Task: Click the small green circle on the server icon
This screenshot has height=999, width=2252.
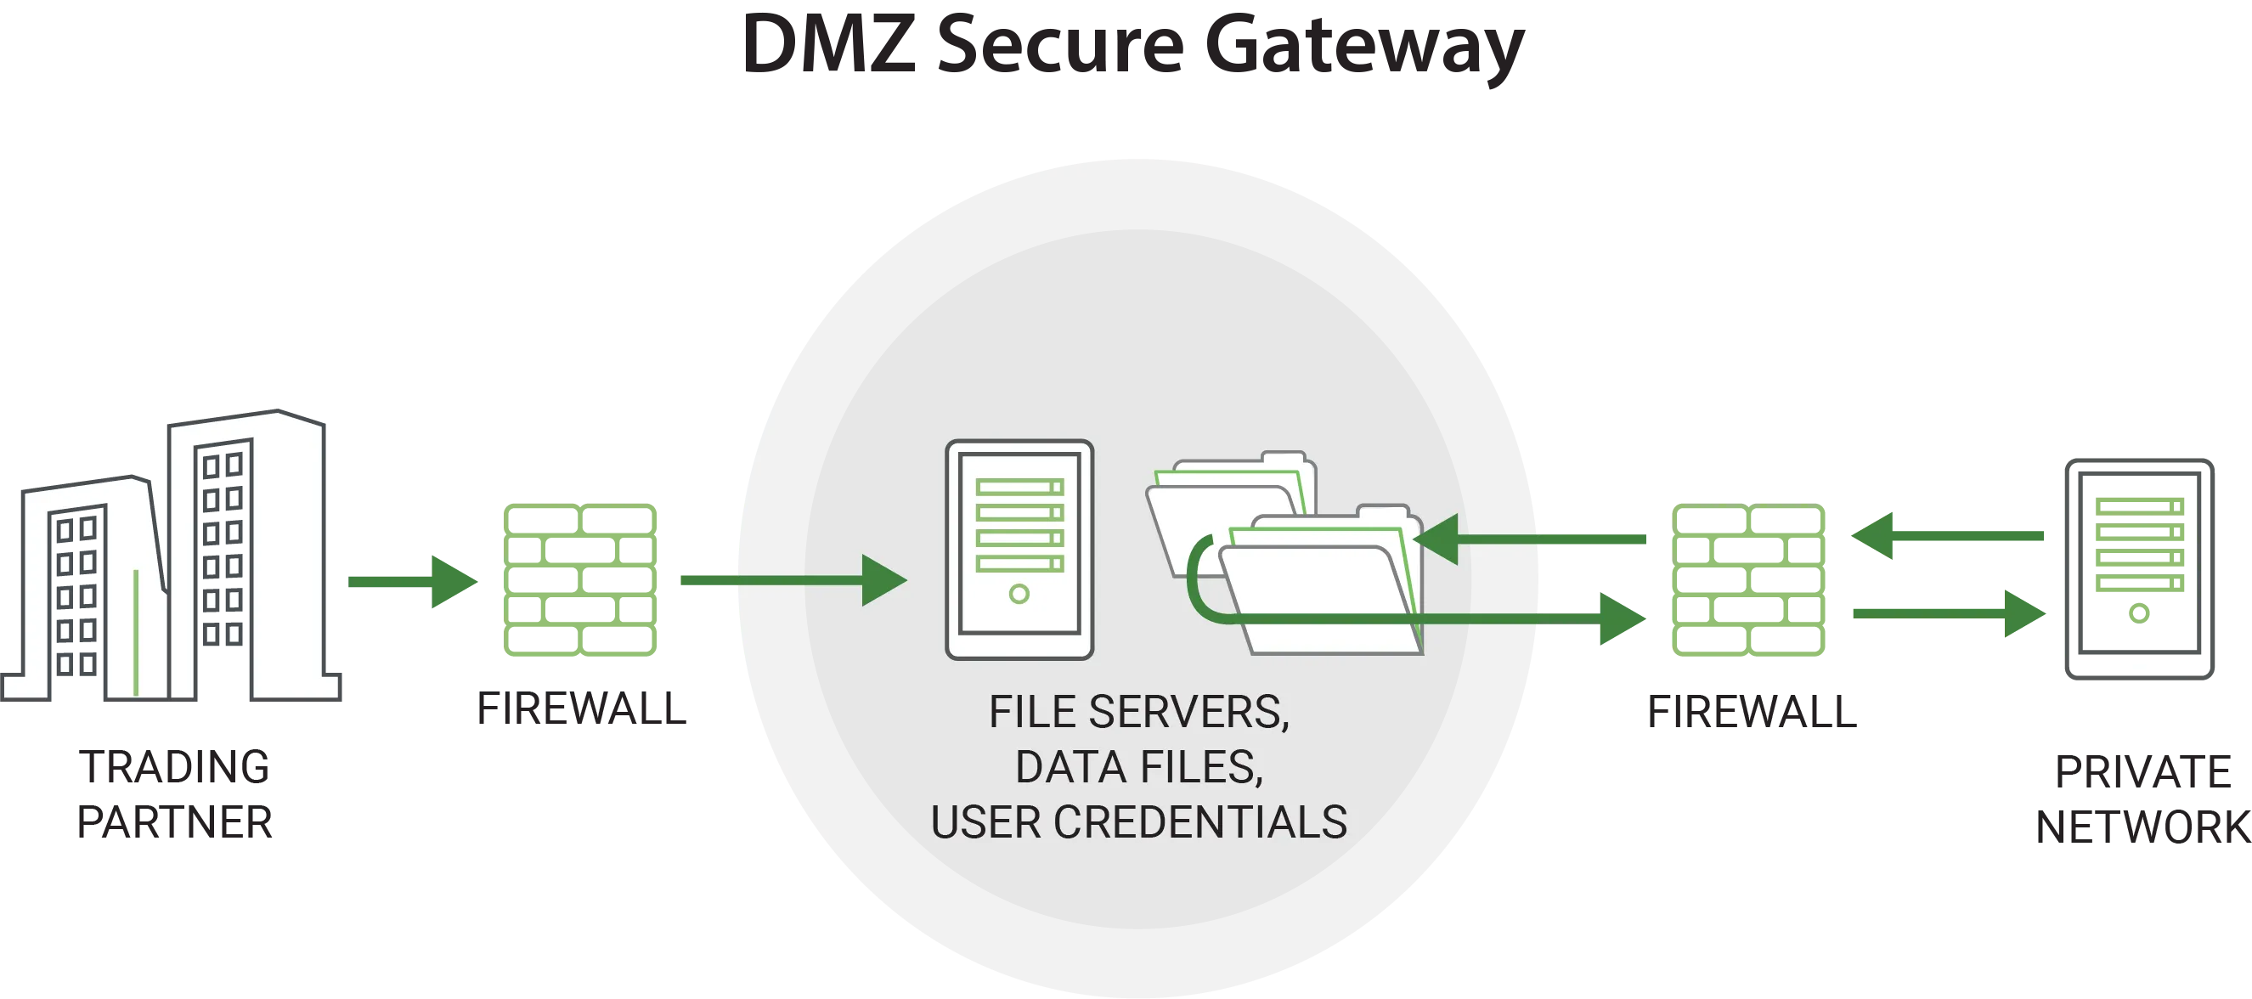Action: click(x=1019, y=595)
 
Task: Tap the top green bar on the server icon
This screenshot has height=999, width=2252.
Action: click(x=1019, y=487)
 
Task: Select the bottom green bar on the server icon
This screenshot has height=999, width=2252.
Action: click(x=1019, y=564)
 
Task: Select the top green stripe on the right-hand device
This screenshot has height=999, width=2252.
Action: click(x=2142, y=506)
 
